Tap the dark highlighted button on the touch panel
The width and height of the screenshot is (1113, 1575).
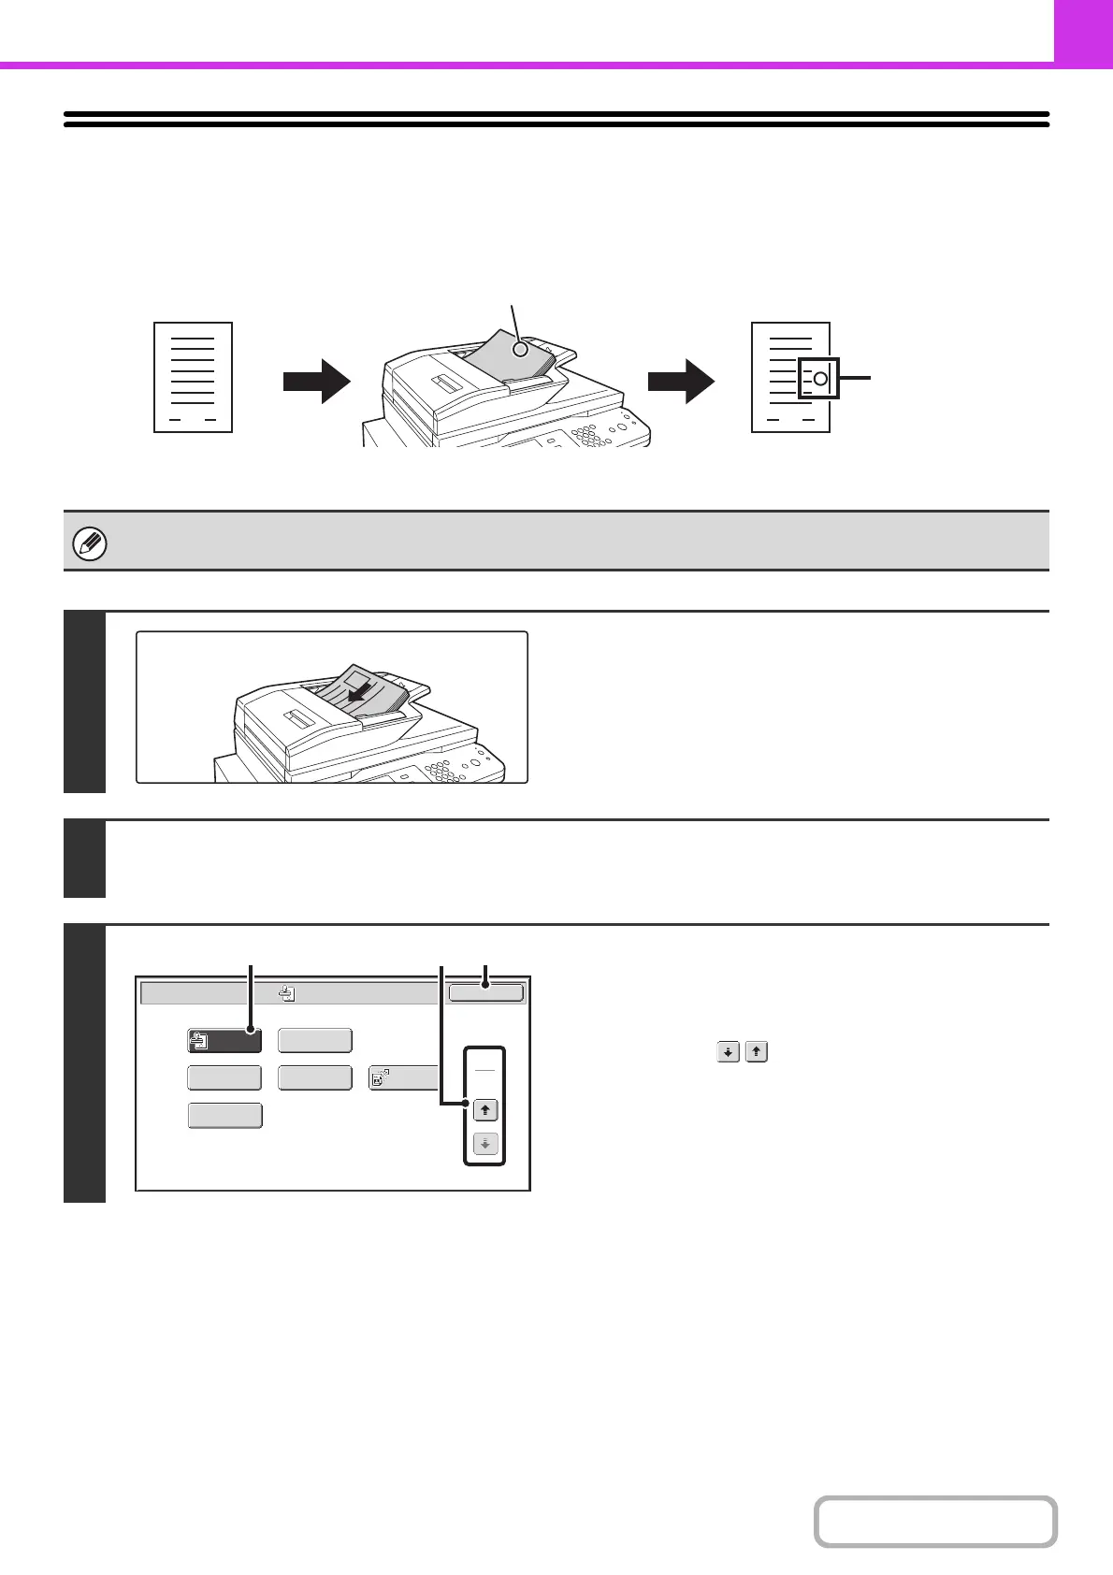[x=224, y=1041]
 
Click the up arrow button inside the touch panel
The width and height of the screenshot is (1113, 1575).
[x=485, y=1110]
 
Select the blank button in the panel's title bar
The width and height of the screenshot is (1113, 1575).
[x=485, y=992]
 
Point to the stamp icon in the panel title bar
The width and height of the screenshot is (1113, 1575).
[x=287, y=993]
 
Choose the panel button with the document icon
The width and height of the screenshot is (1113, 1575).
[x=403, y=1078]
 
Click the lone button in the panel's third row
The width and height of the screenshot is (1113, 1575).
[x=224, y=1116]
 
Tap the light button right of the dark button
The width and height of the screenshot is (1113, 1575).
[x=315, y=1041]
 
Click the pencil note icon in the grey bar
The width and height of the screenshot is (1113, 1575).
[x=91, y=543]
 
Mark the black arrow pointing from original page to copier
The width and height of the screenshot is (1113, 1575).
[x=316, y=380]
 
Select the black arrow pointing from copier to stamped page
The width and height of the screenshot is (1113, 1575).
[x=681, y=380]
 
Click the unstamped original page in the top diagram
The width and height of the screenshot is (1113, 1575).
[x=193, y=378]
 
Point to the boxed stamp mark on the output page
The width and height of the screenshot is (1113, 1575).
[x=819, y=379]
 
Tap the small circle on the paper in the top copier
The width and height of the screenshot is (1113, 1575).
[x=520, y=350]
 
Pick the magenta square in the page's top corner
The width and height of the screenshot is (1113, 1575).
[x=1083, y=31]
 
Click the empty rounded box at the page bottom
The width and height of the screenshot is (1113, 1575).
[x=935, y=1522]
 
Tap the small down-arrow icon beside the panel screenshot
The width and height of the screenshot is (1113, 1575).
[x=728, y=1052]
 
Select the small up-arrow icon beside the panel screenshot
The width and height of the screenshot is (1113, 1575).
[x=757, y=1052]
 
